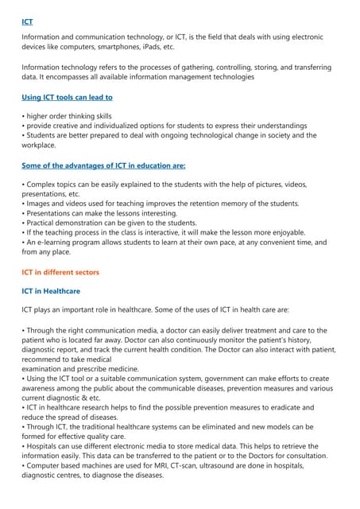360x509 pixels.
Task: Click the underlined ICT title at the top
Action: pos(28,21)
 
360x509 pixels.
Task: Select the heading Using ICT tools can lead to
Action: pos(68,97)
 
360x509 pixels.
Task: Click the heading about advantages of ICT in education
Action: pos(103,165)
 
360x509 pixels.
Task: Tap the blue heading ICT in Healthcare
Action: pos(57,291)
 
